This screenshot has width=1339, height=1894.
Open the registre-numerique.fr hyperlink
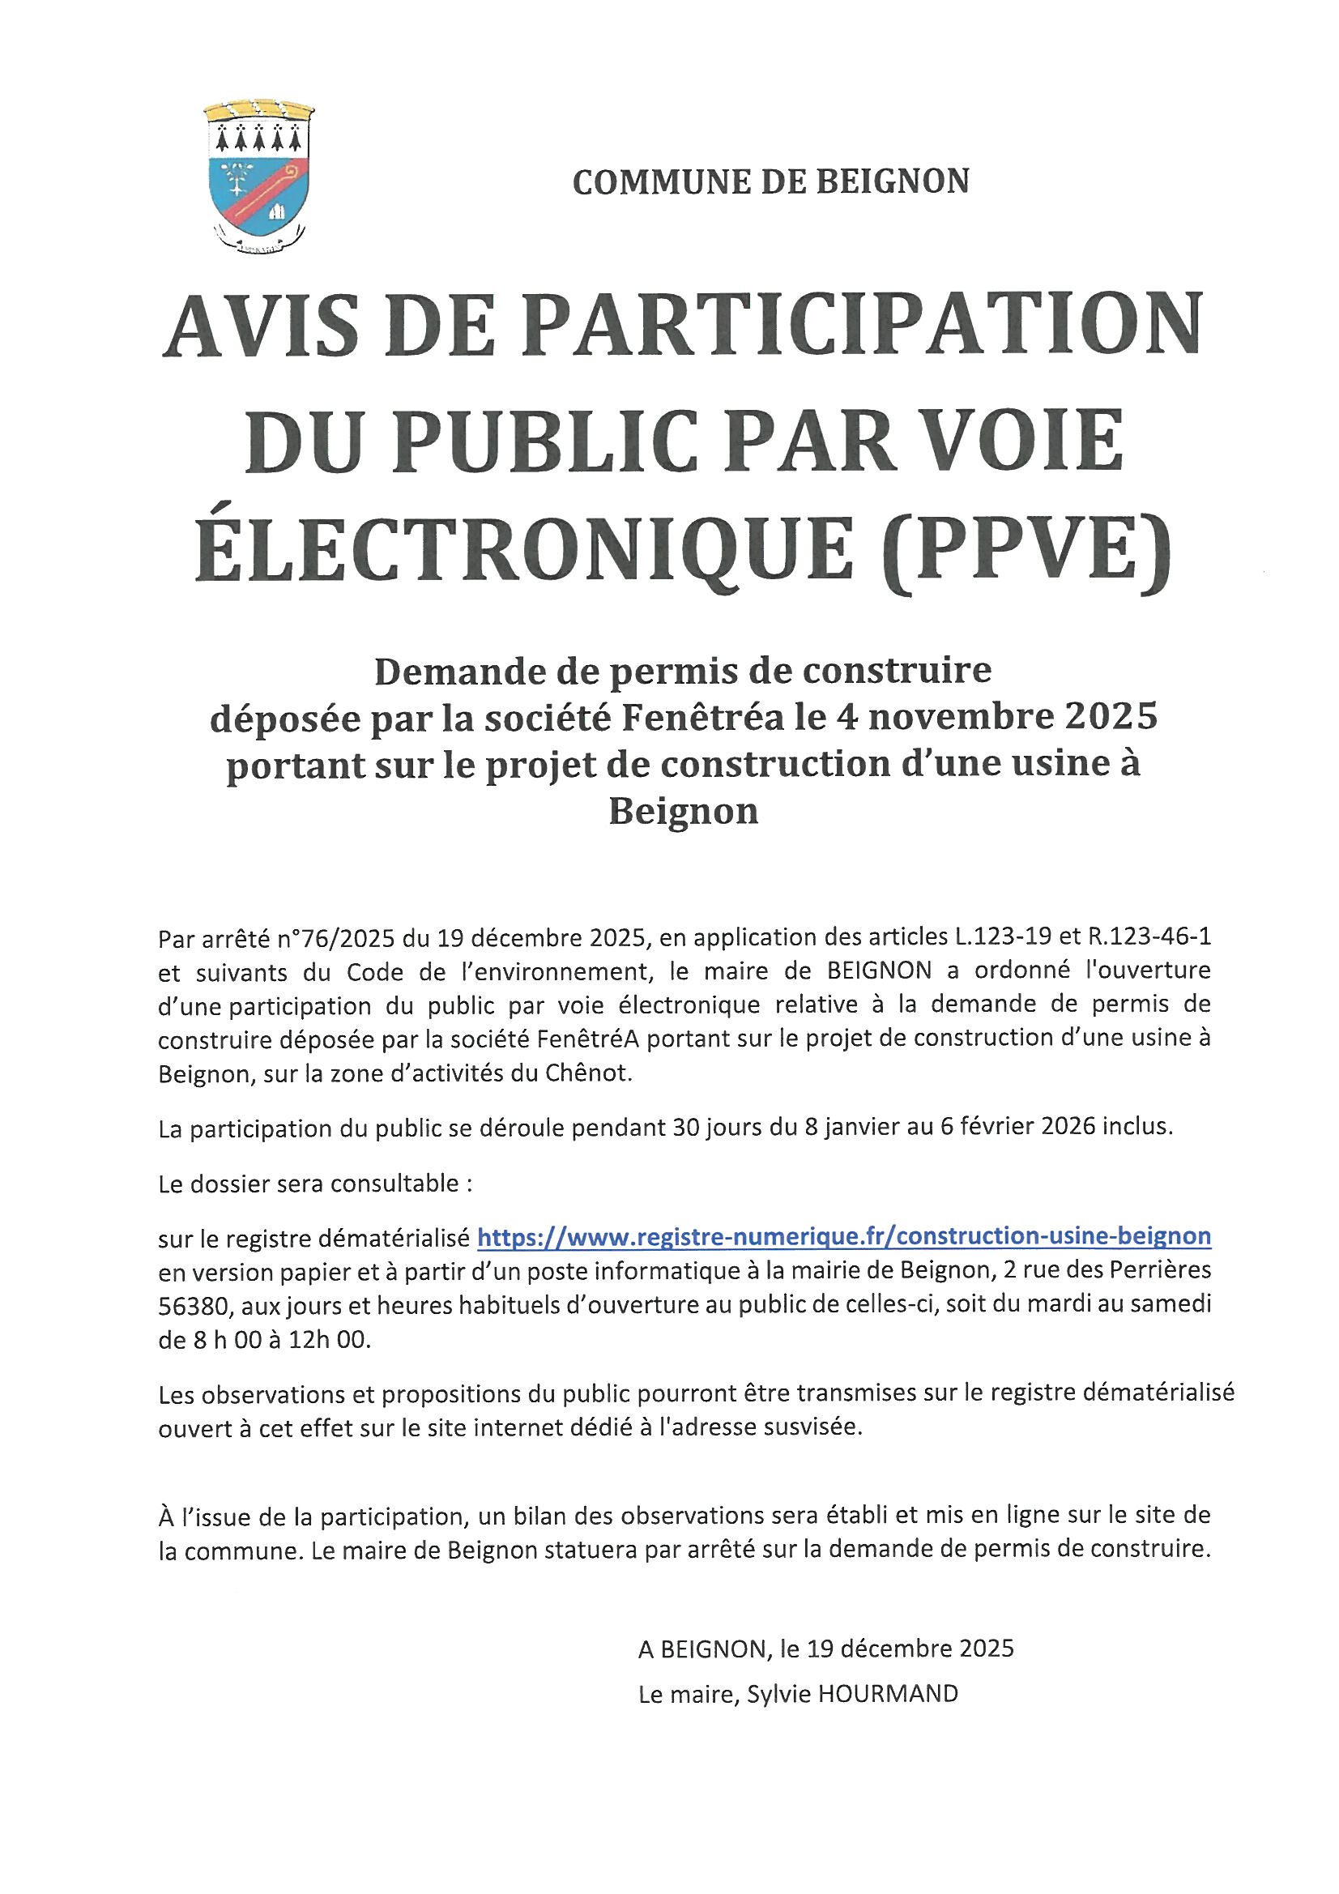(x=844, y=1235)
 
